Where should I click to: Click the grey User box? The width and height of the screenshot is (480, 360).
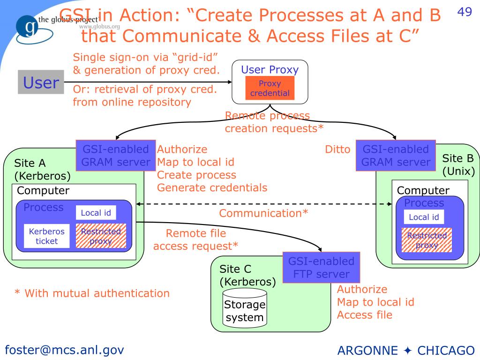[x=41, y=82]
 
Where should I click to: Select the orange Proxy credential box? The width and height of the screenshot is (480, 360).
[x=270, y=88]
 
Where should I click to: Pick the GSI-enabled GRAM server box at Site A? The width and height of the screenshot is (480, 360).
[x=115, y=156]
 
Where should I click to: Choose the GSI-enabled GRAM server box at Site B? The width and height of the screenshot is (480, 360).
[x=396, y=156]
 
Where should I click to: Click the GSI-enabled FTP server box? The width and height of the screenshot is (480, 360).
[x=322, y=267]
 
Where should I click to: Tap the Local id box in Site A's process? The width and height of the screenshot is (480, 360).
[x=96, y=212]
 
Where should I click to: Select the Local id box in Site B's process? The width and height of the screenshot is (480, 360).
[x=424, y=217]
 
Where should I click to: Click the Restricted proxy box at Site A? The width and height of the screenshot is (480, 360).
[x=101, y=236]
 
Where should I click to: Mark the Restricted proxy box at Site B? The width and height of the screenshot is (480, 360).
[x=427, y=240]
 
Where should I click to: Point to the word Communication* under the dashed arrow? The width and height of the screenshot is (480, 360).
[x=263, y=213]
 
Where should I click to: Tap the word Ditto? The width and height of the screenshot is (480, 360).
[x=337, y=150]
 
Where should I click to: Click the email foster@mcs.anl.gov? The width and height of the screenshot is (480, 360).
[x=64, y=349]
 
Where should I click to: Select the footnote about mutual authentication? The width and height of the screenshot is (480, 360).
[x=92, y=293]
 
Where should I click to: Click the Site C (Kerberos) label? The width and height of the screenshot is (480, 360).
[x=247, y=276]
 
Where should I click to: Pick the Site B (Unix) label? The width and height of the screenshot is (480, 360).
[x=458, y=165]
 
